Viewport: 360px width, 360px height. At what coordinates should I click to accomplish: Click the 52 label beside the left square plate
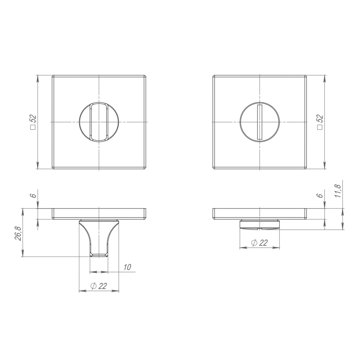coord(32,122)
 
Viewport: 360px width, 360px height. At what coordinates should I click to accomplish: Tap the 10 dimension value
coord(127,267)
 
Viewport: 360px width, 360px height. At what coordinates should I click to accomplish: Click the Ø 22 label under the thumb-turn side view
coord(99,286)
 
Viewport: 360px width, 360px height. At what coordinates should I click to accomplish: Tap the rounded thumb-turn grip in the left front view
coord(98,122)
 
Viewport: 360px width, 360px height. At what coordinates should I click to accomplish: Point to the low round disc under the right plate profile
coord(260,224)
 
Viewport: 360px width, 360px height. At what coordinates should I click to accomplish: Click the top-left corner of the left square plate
coord(53,76)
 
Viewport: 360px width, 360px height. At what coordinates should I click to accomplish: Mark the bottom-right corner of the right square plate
coord(306,168)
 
